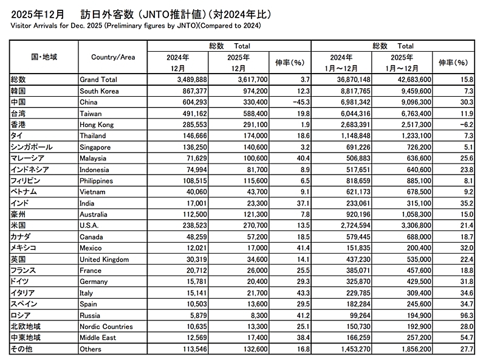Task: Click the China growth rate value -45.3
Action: [293, 102]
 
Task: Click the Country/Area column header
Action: [112, 57]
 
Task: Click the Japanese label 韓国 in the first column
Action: [19, 91]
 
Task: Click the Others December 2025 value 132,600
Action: [247, 349]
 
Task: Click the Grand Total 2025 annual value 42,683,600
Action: [409, 80]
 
